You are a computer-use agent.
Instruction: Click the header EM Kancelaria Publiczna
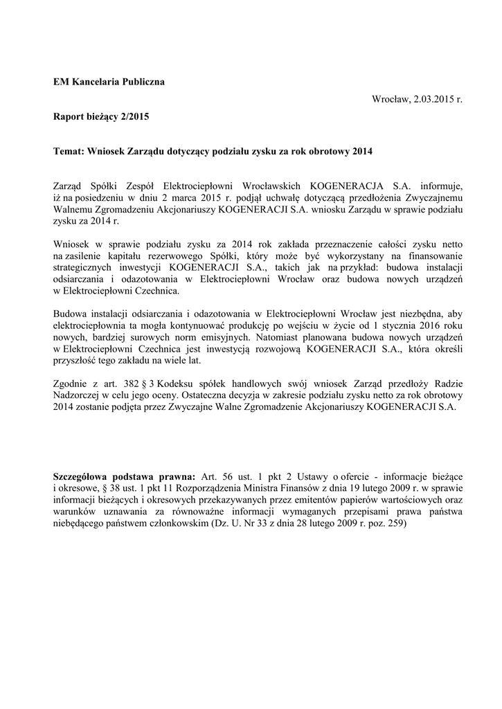pyautogui.click(x=109, y=82)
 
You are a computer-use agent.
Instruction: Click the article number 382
pyautogui.click(x=134, y=382)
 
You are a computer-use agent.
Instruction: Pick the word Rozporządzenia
pyautogui.click(x=221, y=490)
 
